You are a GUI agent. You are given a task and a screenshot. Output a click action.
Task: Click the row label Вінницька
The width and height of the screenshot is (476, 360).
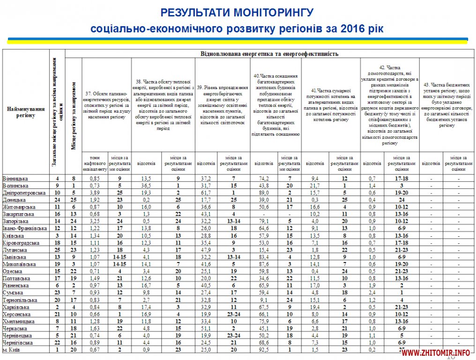coord(15,179)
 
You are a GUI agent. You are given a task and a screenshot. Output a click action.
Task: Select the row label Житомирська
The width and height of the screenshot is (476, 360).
coord(19,206)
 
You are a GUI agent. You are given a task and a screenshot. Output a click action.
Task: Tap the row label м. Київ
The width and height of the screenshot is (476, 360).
coord(11,349)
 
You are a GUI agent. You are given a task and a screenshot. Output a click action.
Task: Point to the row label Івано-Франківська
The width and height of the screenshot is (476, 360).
coord(24,228)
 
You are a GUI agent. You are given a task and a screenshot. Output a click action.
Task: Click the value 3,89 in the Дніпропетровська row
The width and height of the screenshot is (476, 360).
coord(95,193)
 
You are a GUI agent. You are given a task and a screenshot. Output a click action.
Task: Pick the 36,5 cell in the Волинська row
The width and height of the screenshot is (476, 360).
coord(146,186)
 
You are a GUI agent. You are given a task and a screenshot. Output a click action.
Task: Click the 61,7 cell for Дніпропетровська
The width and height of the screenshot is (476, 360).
coord(206,193)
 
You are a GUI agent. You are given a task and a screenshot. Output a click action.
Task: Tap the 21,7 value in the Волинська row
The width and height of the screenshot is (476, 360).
coord(315,186)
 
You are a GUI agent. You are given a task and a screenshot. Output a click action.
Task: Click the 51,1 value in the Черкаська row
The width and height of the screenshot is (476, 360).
coord(206,328)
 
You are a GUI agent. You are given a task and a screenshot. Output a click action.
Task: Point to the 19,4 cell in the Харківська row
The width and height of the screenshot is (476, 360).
coord(315,307)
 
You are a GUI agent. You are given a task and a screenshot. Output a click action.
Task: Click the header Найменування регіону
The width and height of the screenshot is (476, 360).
coord(26,112)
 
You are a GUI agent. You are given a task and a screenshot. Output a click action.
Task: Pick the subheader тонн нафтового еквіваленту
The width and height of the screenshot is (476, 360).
coord(95,163)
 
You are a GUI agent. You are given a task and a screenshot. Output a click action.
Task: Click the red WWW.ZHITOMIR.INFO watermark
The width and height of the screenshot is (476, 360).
coord(436,352)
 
